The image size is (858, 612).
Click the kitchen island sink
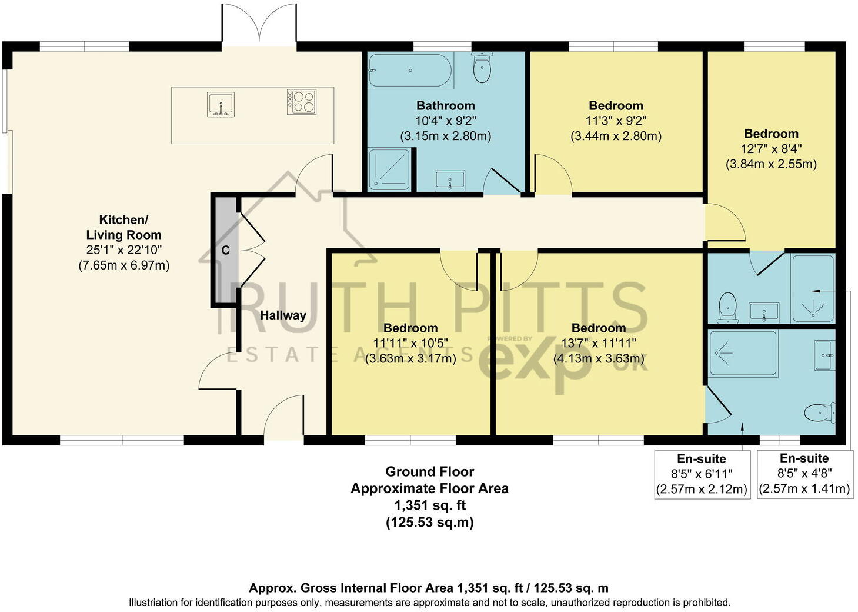(x=221, y=105)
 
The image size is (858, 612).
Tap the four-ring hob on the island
(x=302, y=101)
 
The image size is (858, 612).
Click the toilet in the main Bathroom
(x=482, y=68)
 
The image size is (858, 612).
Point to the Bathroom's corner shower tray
(x=389, y=169)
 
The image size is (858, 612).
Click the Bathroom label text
(x=445, y=106)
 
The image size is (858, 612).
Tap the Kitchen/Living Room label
(x=123, y=227)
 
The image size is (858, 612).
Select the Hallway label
(x=283, y=315)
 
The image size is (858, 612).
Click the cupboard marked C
(x=225, y=251)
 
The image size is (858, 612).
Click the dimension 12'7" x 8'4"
(x=770, y=149)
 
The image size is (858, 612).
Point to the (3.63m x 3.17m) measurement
(x=410, y=358)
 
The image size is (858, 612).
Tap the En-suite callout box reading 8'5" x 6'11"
(x=702, y=474)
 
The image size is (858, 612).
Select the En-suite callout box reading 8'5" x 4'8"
(x=804, y=474)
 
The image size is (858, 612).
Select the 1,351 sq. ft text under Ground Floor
(x=429, y=505)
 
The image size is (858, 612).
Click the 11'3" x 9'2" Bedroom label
(x=616, y=121)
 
